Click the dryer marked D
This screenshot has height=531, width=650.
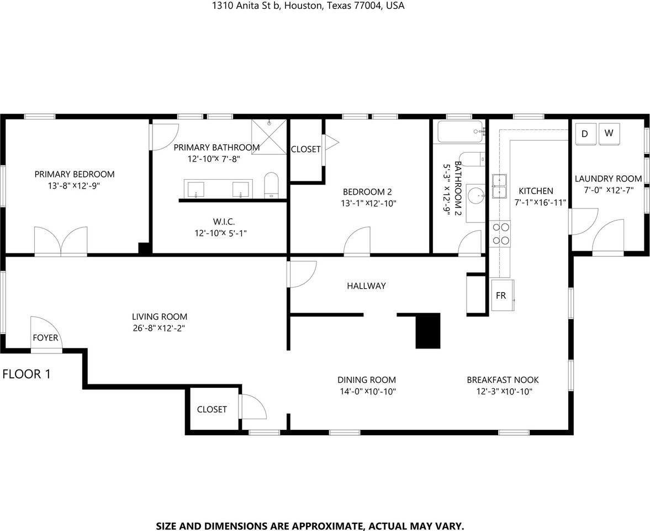pyautogui.click(x=585, y=133)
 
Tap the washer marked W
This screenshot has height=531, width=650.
pyautogui.click(x=609, y=133)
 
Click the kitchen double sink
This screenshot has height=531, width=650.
pyautogui.click(x=500, y=186)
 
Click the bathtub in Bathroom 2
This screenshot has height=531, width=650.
pyautogui.click(x=459, y=132)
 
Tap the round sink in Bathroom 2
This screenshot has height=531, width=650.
pyautogui.click(x=475, y=195)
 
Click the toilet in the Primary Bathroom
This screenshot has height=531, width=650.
pyautogui.click(x=272, y=185)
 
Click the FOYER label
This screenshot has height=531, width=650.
pyautogui.click(x=45, y=337)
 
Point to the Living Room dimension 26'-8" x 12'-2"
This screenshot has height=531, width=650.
pyautogui.click(x=159, y=328)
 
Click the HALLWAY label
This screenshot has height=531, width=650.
pyautogui.click(x=366, y=286)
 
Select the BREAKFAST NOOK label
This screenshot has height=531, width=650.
pyautogui.click(x=503, y=380)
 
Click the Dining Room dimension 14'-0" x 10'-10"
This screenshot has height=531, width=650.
pyautogui.click(x=367, y=392)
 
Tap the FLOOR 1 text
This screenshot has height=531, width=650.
pyautogui.click(x=27, y=374)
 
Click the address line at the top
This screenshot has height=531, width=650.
pyautogui.click(x=308, y=6)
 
